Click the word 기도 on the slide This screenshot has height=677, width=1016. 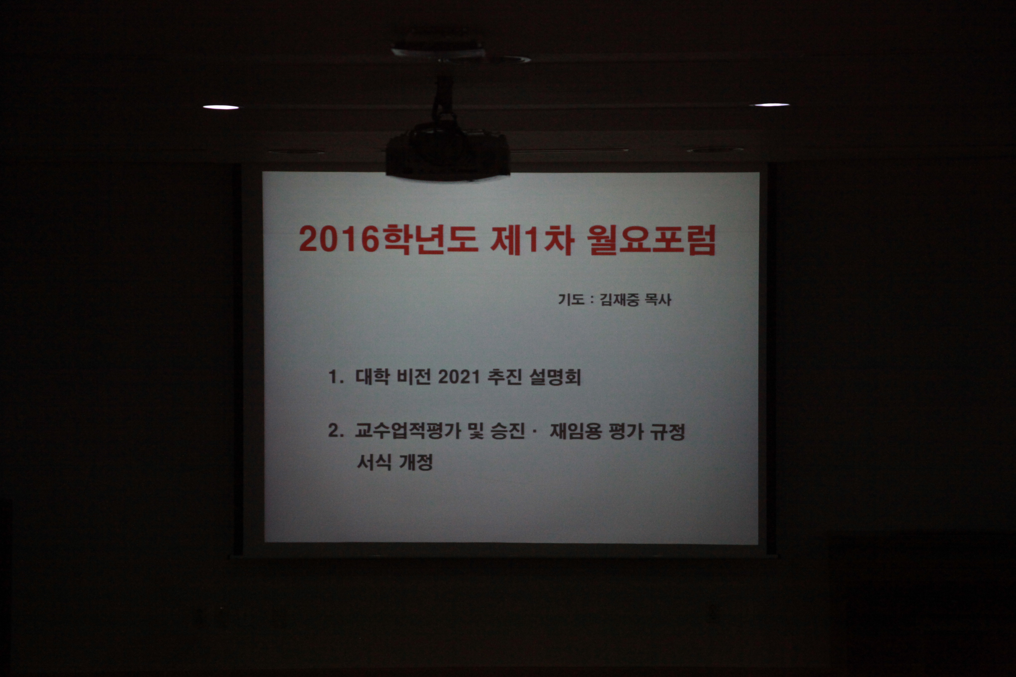point(571,299)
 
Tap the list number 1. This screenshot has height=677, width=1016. point(335,377)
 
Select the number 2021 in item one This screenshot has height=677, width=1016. point(459,377)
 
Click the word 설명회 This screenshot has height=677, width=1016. point(555,377)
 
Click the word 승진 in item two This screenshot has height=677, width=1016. point(508,430)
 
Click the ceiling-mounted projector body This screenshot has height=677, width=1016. point(447,154)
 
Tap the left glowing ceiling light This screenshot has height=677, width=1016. point(221,107)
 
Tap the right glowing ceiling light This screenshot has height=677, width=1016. point(771,105)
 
